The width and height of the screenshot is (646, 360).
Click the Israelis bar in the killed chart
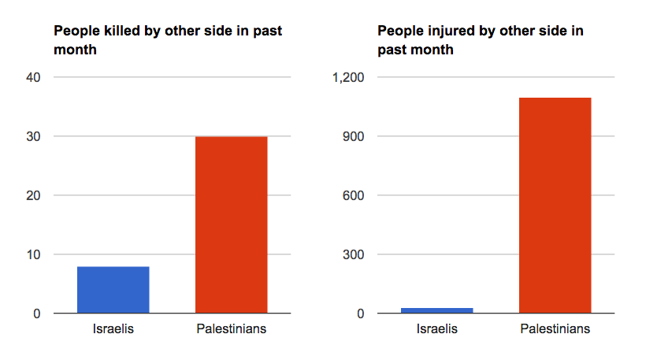click(x=113, y=290)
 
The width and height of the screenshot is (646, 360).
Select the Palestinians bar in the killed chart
click(x=231, y=225)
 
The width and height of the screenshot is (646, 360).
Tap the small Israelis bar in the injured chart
click(x=437, y=310)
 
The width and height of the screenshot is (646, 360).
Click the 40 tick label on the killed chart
click(x=34, y=77)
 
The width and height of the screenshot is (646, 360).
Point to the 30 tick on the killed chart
click(x=34, y=136)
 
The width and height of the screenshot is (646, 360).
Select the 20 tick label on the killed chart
click(x=34, y=195)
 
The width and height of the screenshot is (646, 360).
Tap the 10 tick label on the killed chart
click(x=34, y=254)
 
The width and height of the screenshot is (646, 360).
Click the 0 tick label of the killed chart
click(x=37, y=314)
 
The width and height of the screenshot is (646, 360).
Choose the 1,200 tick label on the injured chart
click(x=349, y=77)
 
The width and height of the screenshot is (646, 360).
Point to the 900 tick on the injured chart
click(x=354, y=136)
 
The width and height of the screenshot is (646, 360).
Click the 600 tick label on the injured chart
click(x=354, y=195)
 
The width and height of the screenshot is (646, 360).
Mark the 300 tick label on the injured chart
click(x=354, y=254)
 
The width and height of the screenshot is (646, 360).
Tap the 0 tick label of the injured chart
click(x=361, y=314)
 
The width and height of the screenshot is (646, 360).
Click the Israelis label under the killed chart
click(x=113, y=328)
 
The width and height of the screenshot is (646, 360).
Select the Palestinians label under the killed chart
click(x=231, y=328)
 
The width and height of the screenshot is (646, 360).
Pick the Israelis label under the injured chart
click(x=437, y=328)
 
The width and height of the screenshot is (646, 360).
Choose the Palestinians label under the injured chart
click(x=555, y=328)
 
